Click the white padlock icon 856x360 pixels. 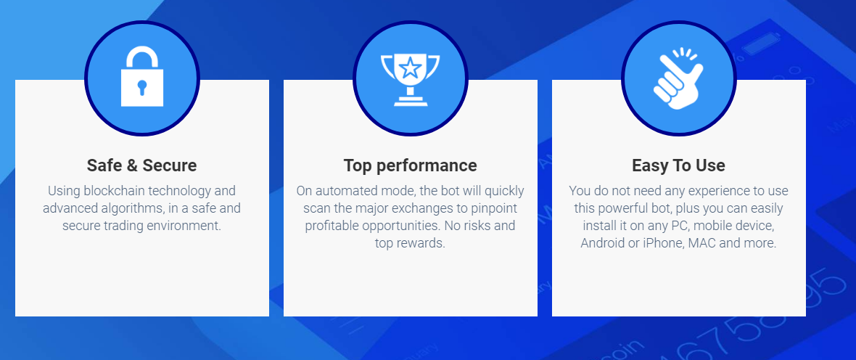(x=142, y=76)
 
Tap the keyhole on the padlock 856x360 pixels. (x=142, y=87)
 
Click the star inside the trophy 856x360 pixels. (x=409, y=69)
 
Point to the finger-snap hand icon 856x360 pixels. (x=678, y=78)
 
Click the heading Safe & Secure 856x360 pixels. (x=142, y=165)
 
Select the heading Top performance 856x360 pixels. (x=411, y=165)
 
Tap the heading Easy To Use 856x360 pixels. (x=678, y=165)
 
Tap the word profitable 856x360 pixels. (x=331, y=226)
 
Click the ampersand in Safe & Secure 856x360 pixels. (x=131, y=165)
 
